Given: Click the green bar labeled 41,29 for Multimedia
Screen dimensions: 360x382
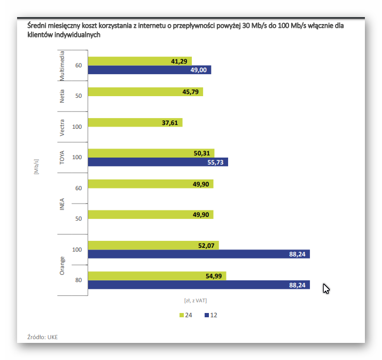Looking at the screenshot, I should [139, 61].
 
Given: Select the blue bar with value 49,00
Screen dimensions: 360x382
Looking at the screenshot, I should [149, 70].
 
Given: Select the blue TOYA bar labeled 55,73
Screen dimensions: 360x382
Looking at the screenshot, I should [158, 162].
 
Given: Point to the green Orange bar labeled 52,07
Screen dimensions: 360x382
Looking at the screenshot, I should [153, 245].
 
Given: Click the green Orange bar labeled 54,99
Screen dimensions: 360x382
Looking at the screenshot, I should [157, 276].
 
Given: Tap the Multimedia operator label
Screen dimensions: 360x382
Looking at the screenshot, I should [63, 66].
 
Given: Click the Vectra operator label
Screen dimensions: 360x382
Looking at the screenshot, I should [63, 127].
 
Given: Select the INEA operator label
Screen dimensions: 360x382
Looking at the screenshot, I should [63, 204].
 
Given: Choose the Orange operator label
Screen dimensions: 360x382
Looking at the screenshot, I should [63, 265].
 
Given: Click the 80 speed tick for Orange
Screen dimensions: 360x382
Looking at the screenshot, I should [79, 280].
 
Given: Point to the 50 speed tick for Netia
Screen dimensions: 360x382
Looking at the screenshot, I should [79, 96].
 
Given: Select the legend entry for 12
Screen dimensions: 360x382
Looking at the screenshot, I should [210, 315].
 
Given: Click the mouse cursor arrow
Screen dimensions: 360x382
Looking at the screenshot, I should [326, 288].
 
